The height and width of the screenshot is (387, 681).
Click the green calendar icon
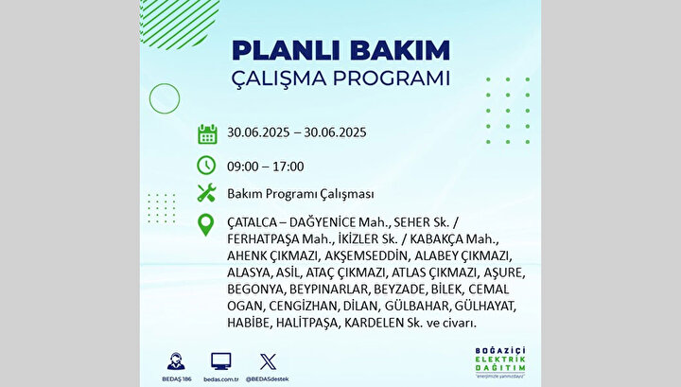click(207, 133)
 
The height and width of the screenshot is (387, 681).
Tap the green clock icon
click(206, 166)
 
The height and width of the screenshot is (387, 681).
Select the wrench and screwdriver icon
click(206, 192)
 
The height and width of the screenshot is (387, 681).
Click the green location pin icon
click(205, 225)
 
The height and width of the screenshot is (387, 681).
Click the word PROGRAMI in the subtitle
click(392, 79)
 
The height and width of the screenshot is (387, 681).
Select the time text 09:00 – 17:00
click(266, 167)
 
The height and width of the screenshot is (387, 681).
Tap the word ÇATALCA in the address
click(251, 222)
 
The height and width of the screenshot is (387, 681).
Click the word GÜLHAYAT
click(485, 306)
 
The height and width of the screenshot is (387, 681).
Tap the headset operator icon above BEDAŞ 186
click(176, 361)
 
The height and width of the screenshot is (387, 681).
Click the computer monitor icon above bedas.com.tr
click(221, 361)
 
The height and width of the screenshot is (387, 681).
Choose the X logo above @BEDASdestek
click(268, 361)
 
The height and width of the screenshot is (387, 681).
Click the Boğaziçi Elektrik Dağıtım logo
click(500, 362)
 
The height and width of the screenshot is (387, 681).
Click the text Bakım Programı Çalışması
click(301, 194)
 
